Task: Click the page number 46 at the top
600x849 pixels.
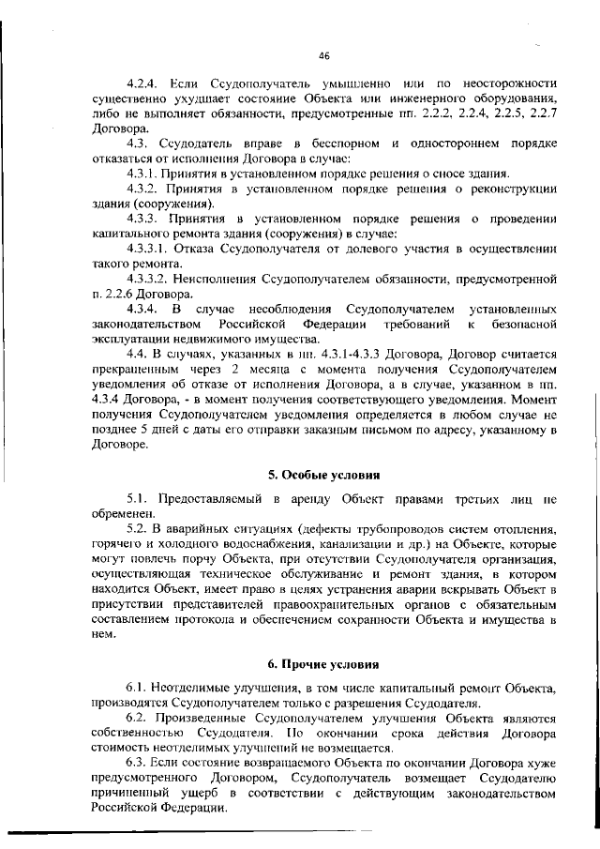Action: (x=323, y=56)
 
